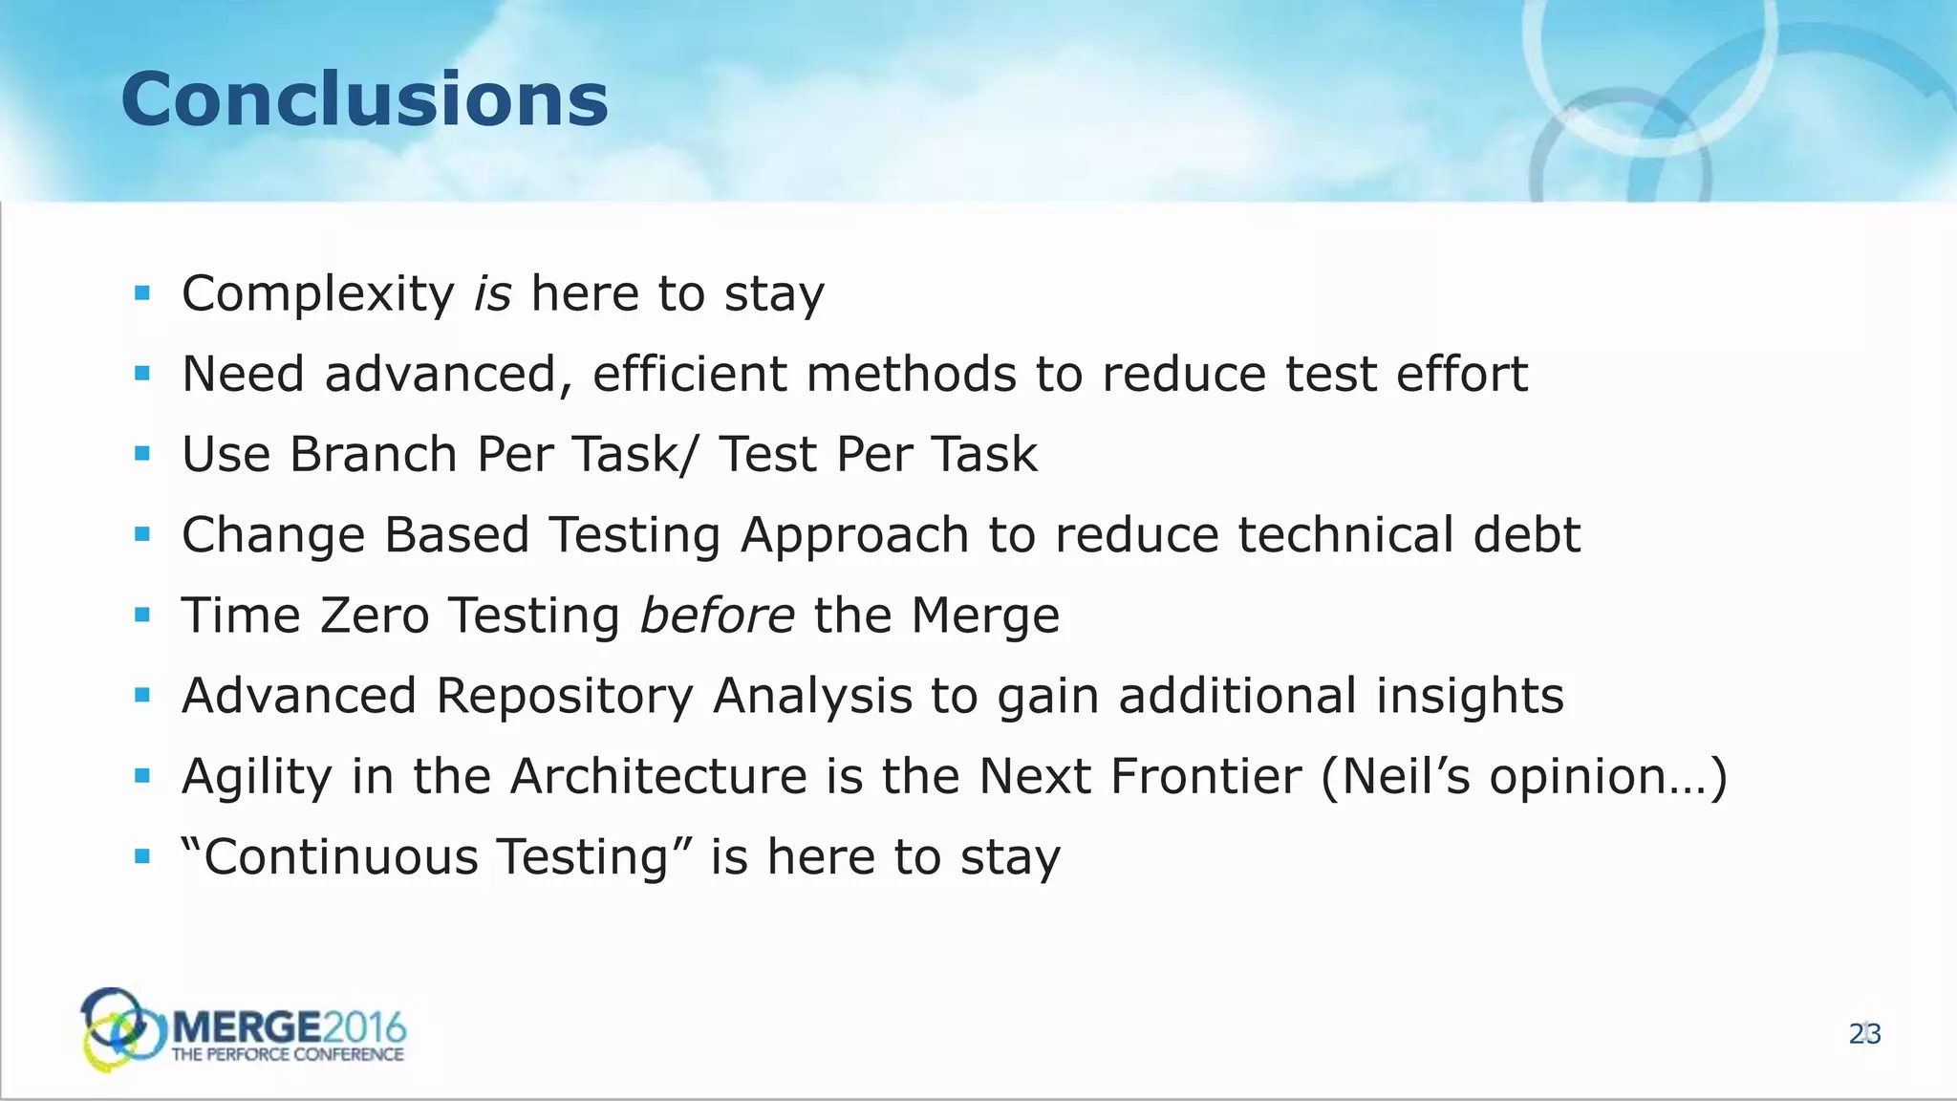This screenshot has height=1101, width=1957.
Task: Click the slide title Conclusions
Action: click(x=364, y=100)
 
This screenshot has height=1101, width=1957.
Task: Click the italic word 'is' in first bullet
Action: click(x=493, y=293)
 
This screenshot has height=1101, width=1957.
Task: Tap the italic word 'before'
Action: click(x=717, y=615)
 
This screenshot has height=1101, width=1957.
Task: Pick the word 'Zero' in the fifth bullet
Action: click(x=375, y=615)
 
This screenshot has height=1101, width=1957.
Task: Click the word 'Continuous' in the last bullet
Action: click(x=340, y=856)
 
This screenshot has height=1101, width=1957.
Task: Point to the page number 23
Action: click(x=1864, y=1034)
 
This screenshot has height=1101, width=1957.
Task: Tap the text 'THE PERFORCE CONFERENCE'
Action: click(x=288, y=1055)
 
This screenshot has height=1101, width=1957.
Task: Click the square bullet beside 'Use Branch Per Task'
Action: click(x=142, y=454)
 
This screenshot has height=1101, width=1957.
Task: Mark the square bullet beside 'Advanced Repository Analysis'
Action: click(x=142, y=696)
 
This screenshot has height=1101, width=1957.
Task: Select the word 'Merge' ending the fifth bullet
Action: click(x=984, y=615)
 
